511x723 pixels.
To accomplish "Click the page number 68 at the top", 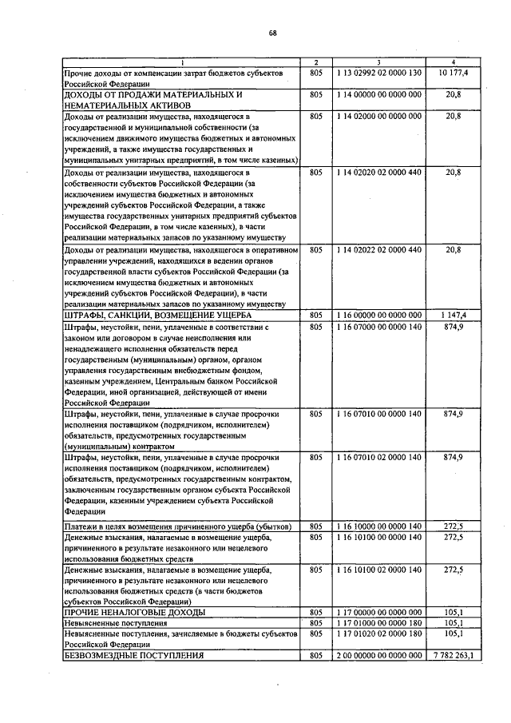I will click(272, 33).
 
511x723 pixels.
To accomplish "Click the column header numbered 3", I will click(378, 62).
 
